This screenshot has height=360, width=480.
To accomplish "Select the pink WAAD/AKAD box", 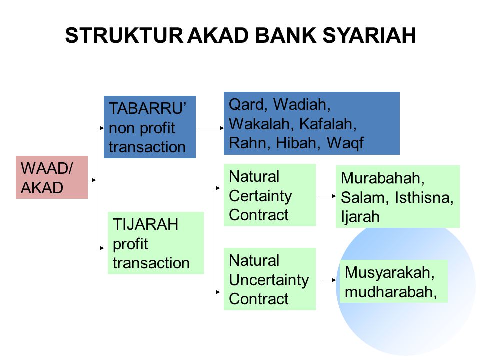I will pyautogui.click(x=52, y=177).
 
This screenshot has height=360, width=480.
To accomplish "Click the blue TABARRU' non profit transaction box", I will pyautogui.click(x=149, y=127).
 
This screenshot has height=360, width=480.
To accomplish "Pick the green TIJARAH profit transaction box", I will pyautogui.click(x=155, y=243).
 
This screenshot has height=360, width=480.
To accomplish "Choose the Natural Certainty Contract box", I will pyautogui.click(x=269, y=195).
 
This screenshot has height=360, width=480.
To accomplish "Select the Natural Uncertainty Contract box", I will pyautogui.click(x=269, y=279).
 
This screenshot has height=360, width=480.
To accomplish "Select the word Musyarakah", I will pyautogui.click(x=388, y=273).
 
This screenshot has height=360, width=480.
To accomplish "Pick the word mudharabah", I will pyautogui.click(x=387, y=292).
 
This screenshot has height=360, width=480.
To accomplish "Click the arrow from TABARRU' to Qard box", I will pyautogui.click(x=209, y=128).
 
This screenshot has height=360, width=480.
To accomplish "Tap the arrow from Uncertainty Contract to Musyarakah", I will pyautogui.click(x=328, y=281).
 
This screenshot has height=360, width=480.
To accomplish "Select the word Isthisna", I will pyautogui.click(x=424, y=198).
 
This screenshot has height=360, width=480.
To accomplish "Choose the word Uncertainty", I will pyautogui.click(x=269, y=280).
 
